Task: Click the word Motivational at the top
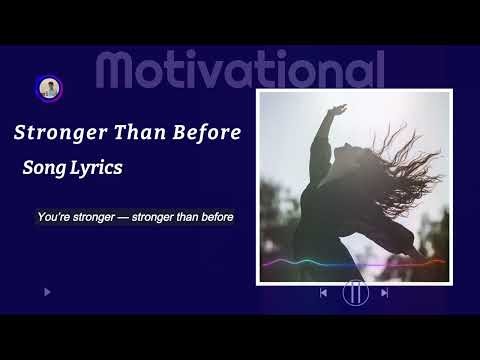(x=240, y=70)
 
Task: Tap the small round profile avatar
(x=46, y=88)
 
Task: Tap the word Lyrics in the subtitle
(x=96, y=168)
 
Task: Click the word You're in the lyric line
(x=51, y=216)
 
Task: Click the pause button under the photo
(x=355, y=293)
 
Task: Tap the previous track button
(x=323, y=293)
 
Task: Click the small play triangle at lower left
(x=47, y=292)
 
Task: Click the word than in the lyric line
(x=185, y=216)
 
